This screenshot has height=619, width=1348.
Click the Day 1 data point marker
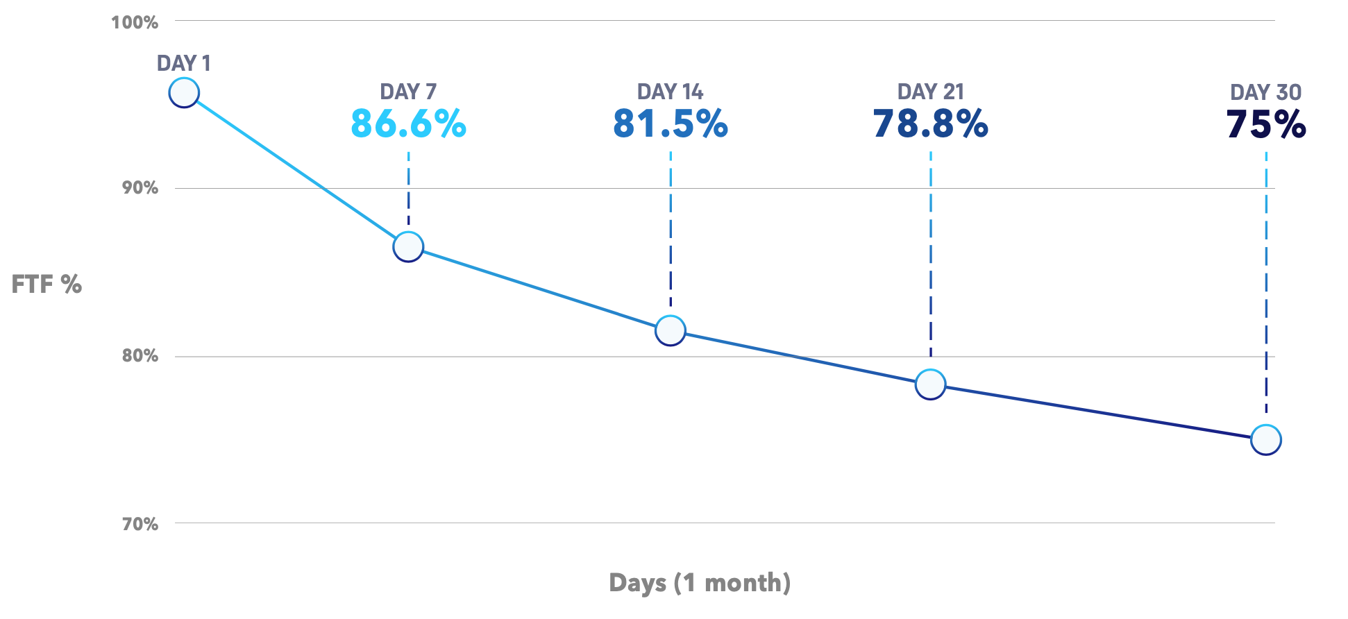coord(184,92)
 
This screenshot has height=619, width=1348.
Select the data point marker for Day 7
coord(408,246)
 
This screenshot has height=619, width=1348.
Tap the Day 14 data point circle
coord(670,330)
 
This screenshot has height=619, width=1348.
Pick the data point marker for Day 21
coord(930,384)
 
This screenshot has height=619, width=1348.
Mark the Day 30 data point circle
coord(1265,439)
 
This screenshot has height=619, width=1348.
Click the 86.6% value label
coord(408,124)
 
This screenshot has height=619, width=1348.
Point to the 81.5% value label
coord(670,124)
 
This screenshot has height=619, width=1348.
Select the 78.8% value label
coord(930,124)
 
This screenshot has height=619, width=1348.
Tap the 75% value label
coord(1266,125)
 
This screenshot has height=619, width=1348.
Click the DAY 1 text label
coord(183,63)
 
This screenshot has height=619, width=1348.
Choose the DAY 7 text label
coord(408,92)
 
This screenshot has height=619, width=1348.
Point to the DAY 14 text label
coord(670,92)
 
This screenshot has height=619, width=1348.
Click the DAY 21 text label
coord(930,92)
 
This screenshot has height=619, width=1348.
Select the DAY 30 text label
coord(1265,92)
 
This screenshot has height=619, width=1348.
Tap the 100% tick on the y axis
coord(135,22)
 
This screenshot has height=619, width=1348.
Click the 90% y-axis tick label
coord(140,187)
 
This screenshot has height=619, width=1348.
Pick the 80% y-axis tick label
coord(140,355)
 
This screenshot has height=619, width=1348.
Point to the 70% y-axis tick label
coord(140,524)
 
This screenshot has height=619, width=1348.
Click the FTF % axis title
coord(47,284)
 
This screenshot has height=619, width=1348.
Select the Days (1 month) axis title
coord(700,582)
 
